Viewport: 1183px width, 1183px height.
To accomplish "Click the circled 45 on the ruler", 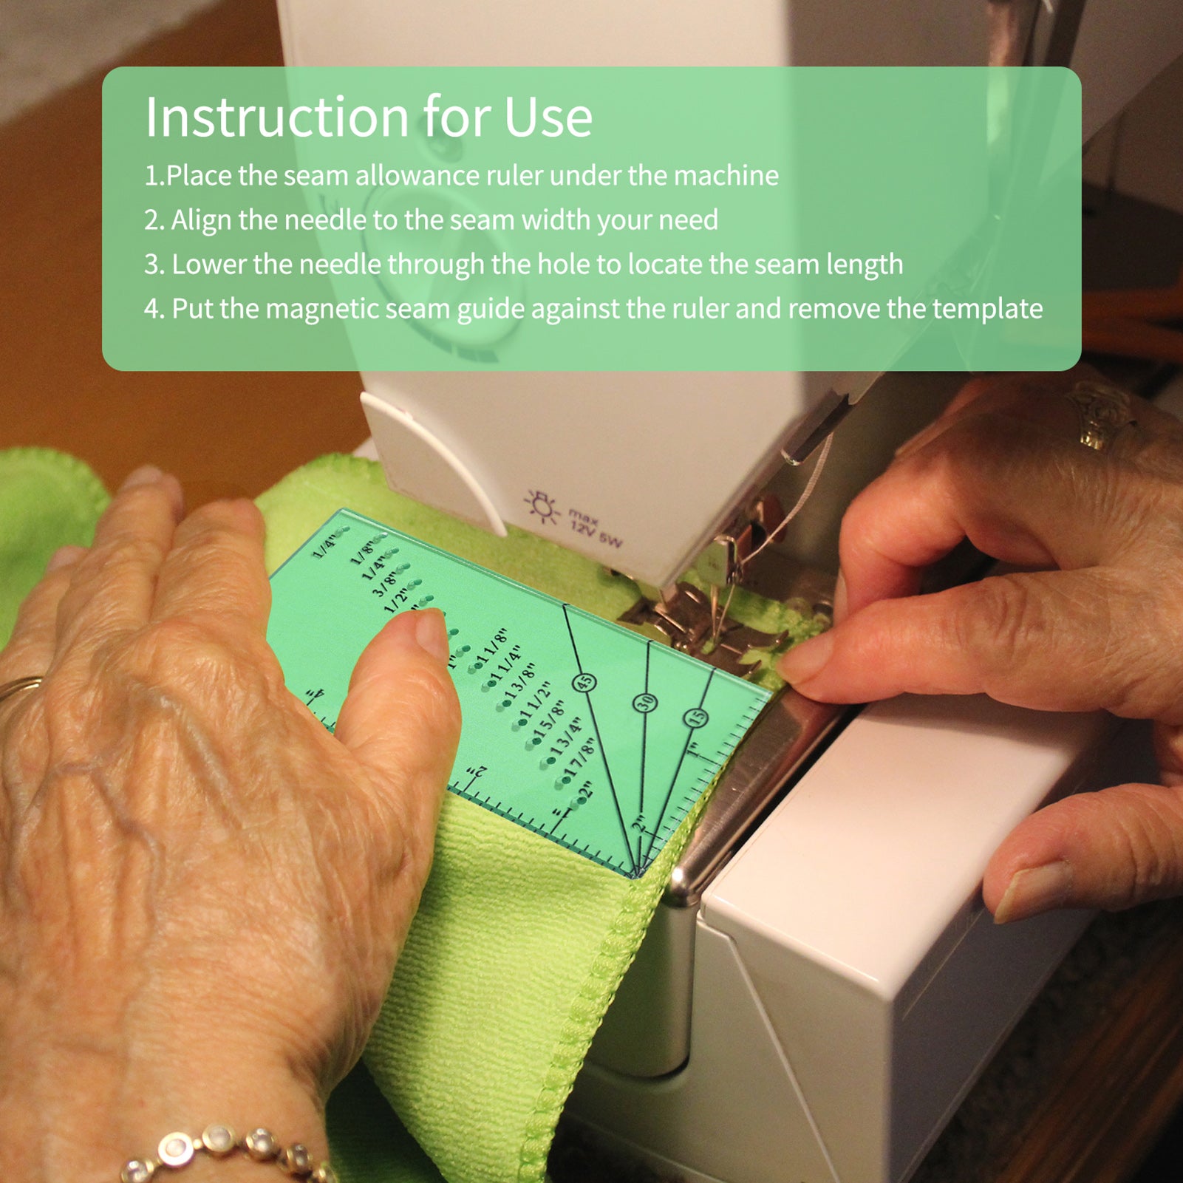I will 584,683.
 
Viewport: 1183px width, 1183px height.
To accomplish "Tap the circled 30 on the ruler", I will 645,703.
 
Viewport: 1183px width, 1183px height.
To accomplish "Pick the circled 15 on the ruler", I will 695,717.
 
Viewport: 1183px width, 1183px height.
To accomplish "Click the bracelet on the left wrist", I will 222,1153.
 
